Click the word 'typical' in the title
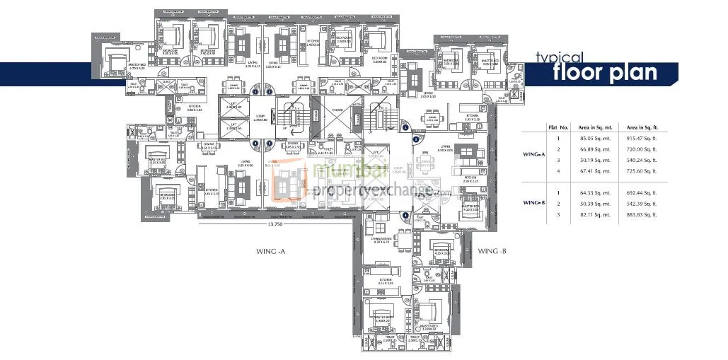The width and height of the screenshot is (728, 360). click(x=559, y=58)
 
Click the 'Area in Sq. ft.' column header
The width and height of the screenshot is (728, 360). click(x=637, y=127)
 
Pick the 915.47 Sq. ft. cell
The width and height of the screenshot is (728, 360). click(x=637, y=139)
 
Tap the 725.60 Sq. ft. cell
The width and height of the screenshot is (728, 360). click(x=637, y=170)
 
